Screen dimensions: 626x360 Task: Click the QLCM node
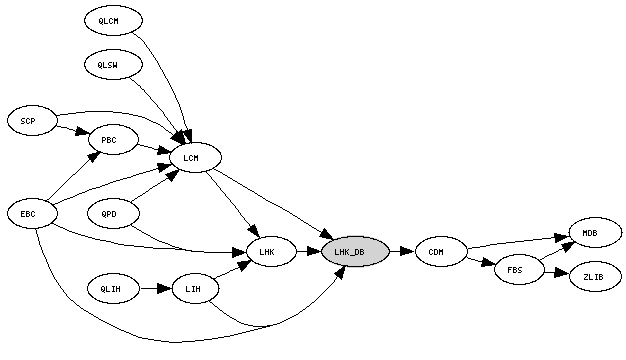(x=113, y=20)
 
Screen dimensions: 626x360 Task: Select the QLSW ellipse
(x=113, y=65)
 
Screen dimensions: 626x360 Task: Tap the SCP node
(x=32, y=121)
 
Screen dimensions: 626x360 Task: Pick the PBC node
(x=113, y=140)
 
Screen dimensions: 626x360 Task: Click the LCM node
(x=195, y=158)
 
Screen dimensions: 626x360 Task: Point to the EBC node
(x=32, y=214)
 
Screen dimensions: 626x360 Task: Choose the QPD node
(x=113, y=214)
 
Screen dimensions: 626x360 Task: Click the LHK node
(x=271, y=252)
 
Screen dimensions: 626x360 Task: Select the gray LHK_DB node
(x=355, y=251)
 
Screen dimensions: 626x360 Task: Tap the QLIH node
(x=113, y=289)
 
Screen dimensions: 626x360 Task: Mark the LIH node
(x=195, y=289)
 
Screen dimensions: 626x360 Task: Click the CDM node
(x=441, y=251)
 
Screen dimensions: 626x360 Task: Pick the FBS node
(x=519, y=270)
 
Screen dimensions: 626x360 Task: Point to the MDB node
(x=595, y=233)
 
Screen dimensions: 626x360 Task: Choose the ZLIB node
(x=595, y=277)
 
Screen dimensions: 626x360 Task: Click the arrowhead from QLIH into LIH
(x=164, y=289)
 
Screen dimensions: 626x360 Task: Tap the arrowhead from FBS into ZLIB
(x=561, y=273)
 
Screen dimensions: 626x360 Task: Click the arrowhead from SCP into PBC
(x=82, y=132)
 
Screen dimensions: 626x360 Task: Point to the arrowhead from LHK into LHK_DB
(x=314, y=251)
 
